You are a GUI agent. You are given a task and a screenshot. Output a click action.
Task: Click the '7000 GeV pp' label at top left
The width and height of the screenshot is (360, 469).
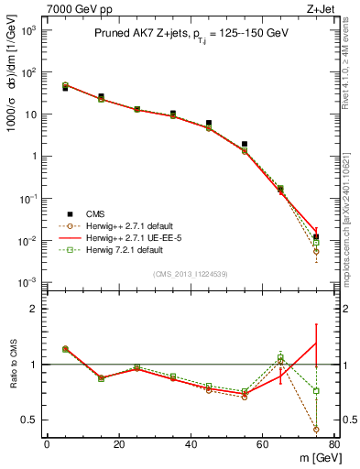(34, 8)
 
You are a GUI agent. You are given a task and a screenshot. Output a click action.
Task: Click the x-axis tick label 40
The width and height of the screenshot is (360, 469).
(191, 444)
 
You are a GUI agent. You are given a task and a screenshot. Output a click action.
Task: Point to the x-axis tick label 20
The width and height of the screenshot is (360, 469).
(119, 444)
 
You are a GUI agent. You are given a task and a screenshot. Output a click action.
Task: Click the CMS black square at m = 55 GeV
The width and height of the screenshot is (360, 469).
(245, 144)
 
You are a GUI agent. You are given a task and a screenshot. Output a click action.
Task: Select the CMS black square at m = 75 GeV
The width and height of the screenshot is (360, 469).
(316, 237)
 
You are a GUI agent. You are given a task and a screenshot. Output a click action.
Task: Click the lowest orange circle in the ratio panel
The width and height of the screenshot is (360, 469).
(316, 429)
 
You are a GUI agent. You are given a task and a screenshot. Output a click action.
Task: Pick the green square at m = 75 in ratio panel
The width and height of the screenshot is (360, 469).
(316, 391)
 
